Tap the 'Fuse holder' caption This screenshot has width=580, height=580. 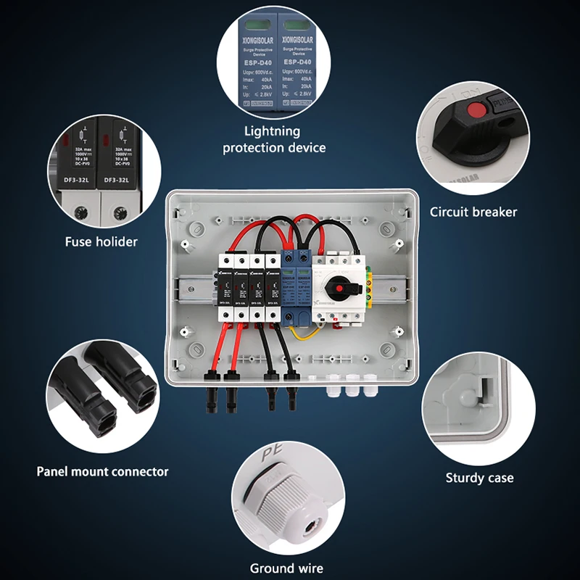point(101,241)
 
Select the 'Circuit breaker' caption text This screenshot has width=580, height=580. point(473,212)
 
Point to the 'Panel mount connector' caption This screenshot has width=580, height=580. point(102,471)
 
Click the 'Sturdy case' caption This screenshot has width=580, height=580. point(479,478)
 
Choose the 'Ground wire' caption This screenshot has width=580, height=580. point(286,568)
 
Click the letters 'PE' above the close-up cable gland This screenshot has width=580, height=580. point(270,458)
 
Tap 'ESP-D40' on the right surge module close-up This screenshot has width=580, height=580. point(296,62)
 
